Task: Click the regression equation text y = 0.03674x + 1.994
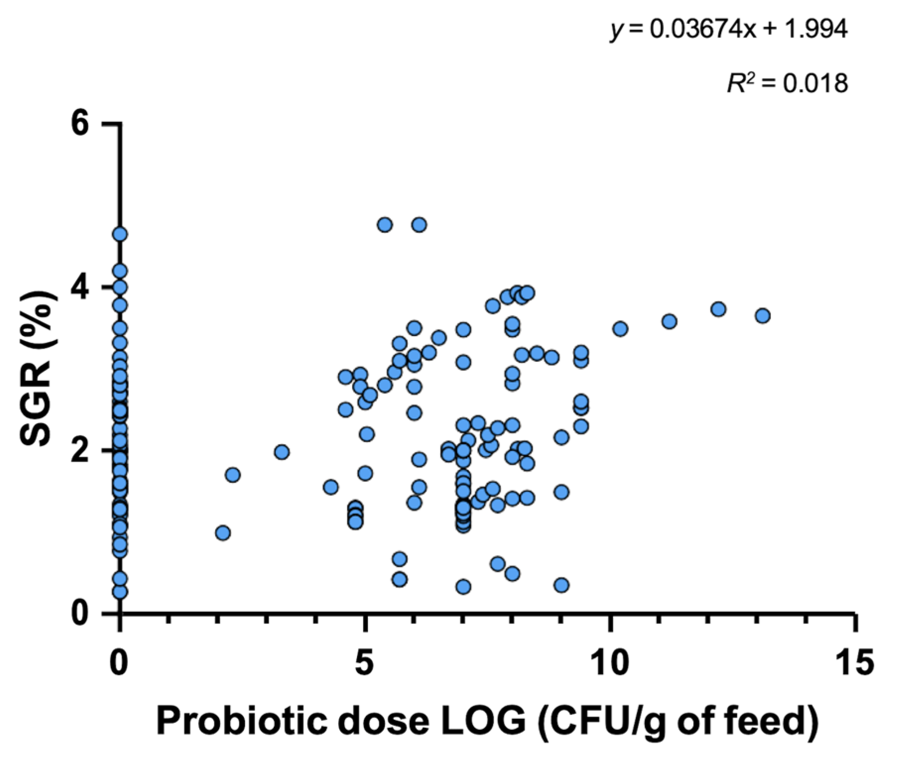(x=729, y=31)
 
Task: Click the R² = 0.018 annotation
(x=787, y=83)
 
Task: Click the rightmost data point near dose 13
(x=763, y=315)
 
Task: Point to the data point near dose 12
(x=718, y=309)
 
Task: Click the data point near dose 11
(x=669, y=321)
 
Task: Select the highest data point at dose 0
(x=120, y=234)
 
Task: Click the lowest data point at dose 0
(x=120, y=591)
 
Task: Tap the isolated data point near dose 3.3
(x=282, y=452)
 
